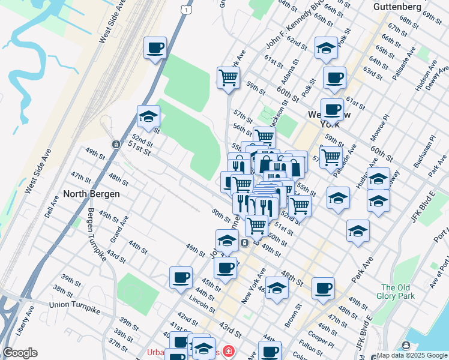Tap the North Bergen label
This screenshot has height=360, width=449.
[x=92, y=194]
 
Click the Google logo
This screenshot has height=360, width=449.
[x=20, y=353]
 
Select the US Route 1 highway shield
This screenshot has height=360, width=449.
[x=188, y=10]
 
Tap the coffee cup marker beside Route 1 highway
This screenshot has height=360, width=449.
[x=155, y=47]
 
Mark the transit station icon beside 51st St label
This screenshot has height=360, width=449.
[x=115, y=145]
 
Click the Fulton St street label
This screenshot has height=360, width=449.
[x=310, y=347]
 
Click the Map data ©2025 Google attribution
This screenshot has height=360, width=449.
[x=412, y=355]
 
